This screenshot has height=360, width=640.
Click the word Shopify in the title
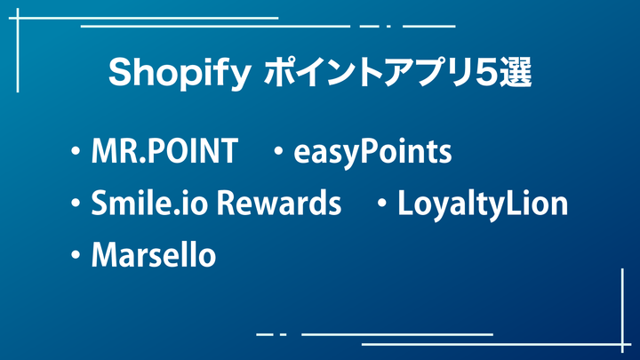tap(180, 74)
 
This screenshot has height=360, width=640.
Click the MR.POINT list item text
tap(164, 151)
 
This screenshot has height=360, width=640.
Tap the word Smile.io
tap(149, 202)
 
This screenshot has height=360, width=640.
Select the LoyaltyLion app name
tap(483, 204)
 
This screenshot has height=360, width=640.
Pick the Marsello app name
tap(154, 255)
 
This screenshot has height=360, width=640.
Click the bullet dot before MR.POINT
tap(76, 151)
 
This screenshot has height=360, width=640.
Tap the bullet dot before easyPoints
tap(278, 151)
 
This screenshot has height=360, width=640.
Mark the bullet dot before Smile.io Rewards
tap(76, 203)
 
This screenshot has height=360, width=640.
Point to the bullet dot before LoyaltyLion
tap(382, 203)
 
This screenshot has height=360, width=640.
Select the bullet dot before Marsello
tap(76, 255)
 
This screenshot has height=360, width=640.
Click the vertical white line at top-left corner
tap(18, 50)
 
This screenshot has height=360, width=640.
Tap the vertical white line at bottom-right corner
tap(622, 310)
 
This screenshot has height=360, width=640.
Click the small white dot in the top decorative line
tap(388, 27)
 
